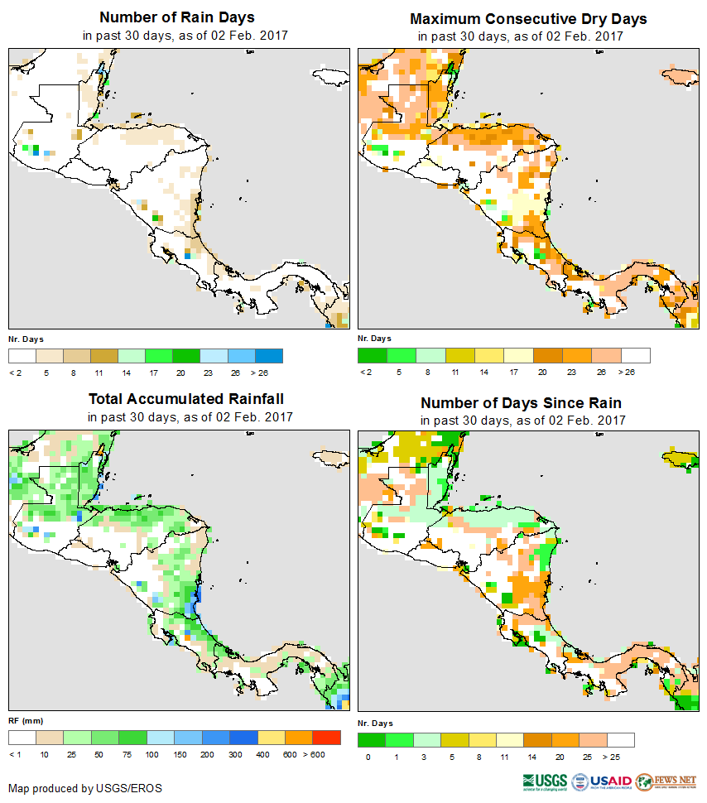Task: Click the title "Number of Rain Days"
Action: point(176,17)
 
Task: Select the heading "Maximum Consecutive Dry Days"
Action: point(528,18)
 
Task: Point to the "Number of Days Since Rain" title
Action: point(521,403)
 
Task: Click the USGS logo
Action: point(545,781)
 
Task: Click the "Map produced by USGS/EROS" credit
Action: point(85,788)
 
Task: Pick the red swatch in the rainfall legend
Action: point(326,737)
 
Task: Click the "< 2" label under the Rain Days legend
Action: point(16,373)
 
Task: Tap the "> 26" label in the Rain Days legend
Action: point(270,373)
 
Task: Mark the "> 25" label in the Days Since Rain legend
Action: point(620,757)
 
